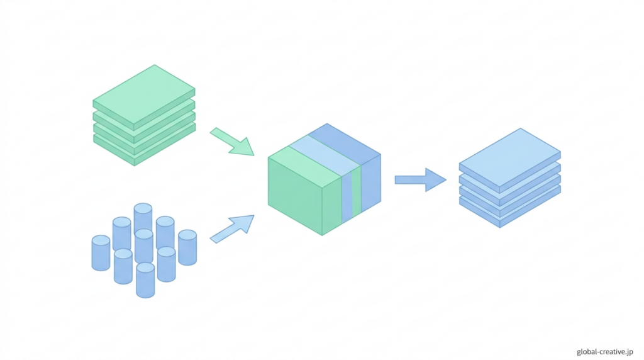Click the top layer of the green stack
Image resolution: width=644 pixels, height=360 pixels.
(x=144, y=94)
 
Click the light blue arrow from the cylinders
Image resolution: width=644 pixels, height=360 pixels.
(x=232, y=228)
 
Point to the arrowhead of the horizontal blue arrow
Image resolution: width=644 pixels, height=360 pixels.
(x=435, y=180)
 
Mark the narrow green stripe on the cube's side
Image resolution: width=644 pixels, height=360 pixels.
(x=357, y=192)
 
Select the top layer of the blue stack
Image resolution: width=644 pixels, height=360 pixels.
(x=509, y=157)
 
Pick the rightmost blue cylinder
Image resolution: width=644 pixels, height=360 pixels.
(x=187, y=248)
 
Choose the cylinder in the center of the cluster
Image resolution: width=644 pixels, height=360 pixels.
(x=144, y=247)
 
